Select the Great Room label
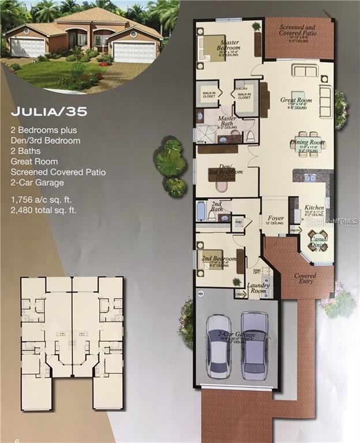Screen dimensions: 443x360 (x=296, y=100)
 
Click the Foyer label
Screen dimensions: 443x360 (x=276, y=219)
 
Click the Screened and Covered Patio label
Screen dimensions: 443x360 (x=299, y=31)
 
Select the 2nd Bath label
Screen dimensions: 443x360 (x=216, y=207)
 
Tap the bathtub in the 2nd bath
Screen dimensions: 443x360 (x=201, y=211)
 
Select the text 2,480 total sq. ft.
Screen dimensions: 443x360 (x=43, y=210)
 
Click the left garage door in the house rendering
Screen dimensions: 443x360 (x=27, y=48)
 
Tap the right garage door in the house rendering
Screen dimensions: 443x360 (x=133, y=52)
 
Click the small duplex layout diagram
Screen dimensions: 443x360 (x=72, y=343)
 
